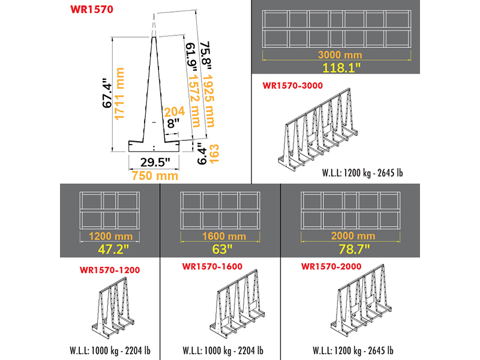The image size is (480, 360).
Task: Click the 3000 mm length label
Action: [336, 55]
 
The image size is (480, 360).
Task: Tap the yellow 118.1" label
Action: [336, 67]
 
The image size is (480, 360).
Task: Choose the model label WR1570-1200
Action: [109, 270]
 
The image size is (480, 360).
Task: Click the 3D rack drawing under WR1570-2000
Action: [361, 305]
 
